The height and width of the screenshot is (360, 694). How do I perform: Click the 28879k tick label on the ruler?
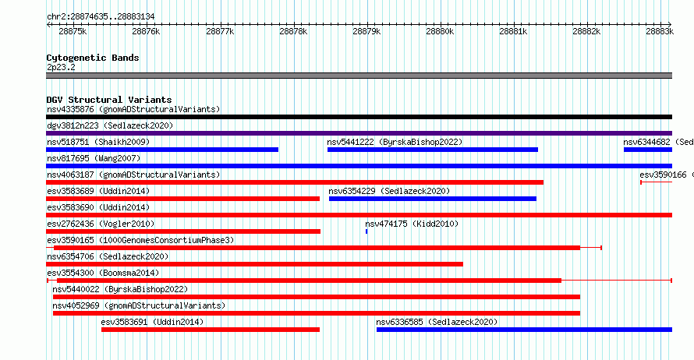tap(366, 31)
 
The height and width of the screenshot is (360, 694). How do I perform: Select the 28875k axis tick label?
tap(73, 31)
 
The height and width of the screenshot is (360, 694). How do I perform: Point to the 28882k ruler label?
tap(586, 31)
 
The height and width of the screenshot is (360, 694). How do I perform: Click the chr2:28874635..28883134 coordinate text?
tap(101, 17)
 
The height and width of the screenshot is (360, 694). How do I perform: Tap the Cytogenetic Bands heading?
tap(93, 58)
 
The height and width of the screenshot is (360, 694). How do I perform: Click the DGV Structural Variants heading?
tap(109, 100)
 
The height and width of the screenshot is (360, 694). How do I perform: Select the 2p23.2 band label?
tap(61, 67)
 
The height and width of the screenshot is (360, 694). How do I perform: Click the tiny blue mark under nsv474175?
tap(366, 231)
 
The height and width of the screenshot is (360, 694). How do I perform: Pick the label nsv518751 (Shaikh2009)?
tap(98, 142)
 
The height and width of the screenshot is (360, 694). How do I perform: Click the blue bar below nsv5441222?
tap(433, 150)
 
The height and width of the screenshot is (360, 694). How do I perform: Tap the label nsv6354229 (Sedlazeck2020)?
tap(389, 191)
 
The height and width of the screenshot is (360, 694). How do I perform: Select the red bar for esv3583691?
tap(211, 330)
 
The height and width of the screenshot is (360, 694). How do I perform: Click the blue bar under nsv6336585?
tap(524, 330)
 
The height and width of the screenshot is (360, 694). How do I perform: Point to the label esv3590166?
tap(663, 175)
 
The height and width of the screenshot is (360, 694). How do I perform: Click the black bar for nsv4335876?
tap(359, 117)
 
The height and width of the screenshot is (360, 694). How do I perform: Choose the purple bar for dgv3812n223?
tap(359, 133)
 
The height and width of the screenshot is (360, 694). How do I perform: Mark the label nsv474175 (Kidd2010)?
tap(412, 224)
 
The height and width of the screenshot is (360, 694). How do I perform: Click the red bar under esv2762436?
tap(183, 231)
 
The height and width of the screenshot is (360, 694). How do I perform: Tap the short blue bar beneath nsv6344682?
tap(648, 150)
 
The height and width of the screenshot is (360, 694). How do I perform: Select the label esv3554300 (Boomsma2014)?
tap(103, 273)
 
